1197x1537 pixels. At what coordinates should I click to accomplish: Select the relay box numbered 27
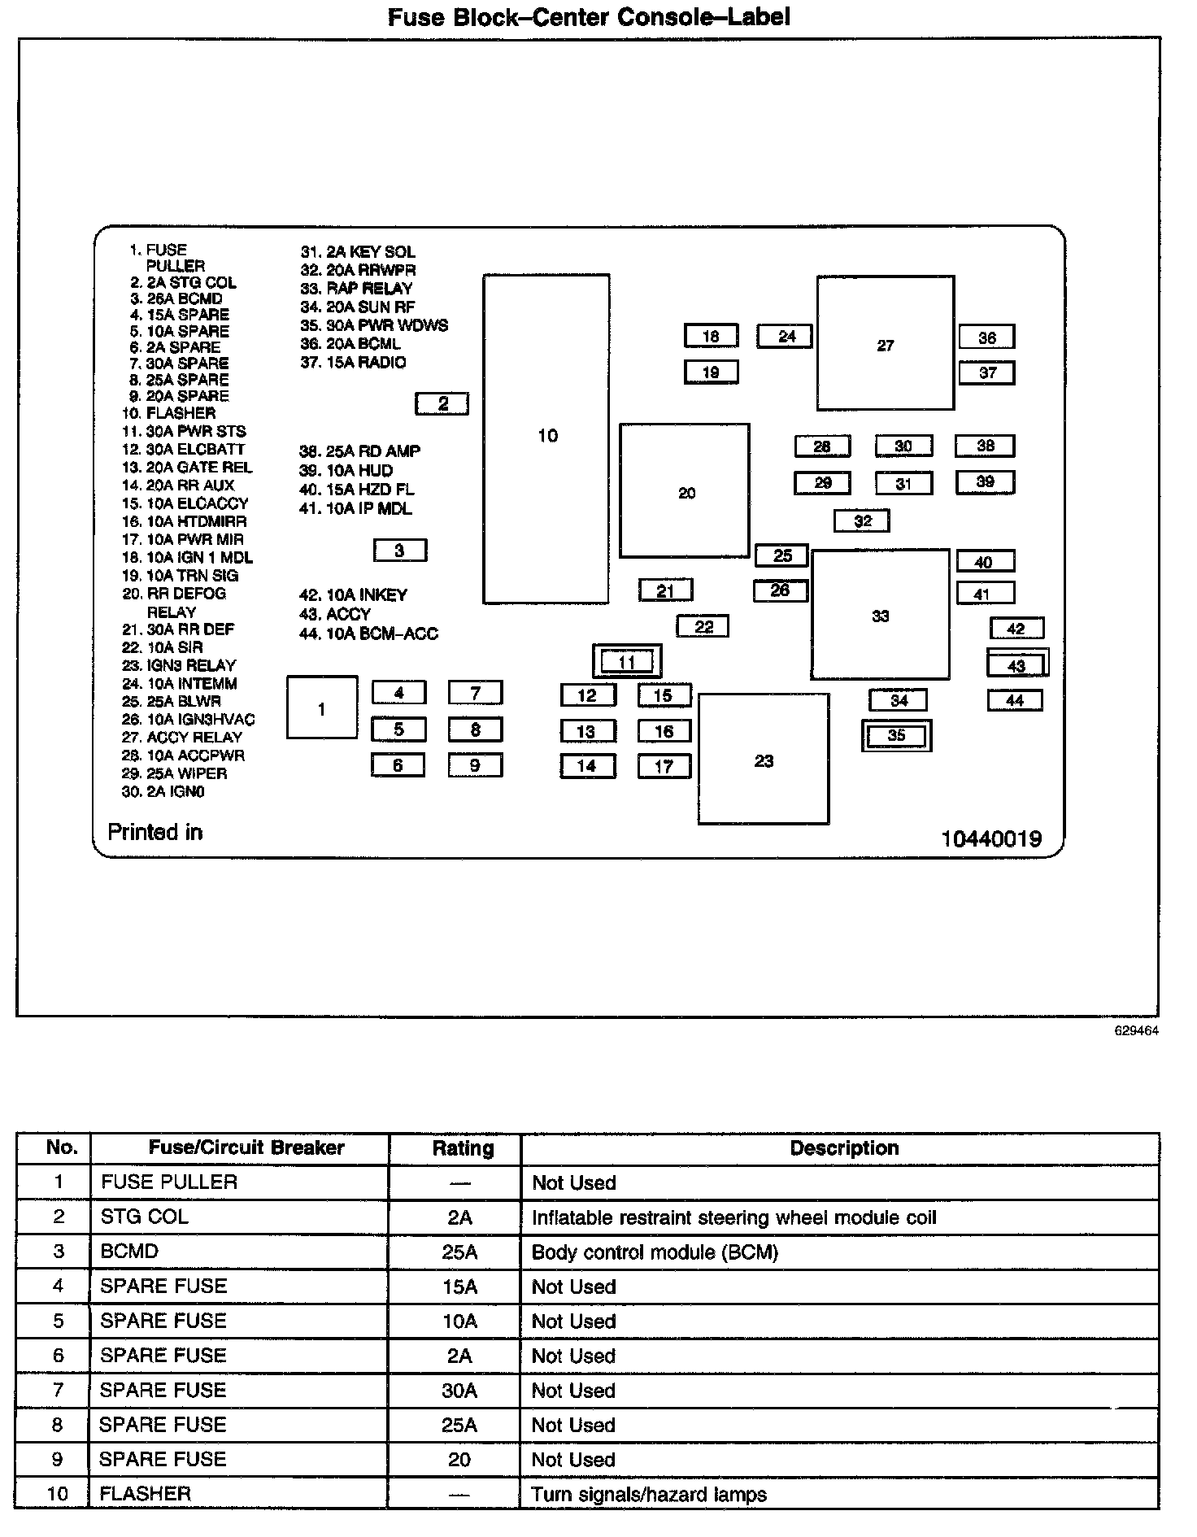click(x=885, y=344)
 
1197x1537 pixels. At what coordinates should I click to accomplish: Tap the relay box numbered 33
click(x=880, y=615)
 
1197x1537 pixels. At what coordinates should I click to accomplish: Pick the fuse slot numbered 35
click(x=896, y=735)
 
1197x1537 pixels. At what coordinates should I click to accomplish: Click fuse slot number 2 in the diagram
click(x=442, y=403)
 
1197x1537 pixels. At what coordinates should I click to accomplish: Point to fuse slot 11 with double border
click(x=627, y=661)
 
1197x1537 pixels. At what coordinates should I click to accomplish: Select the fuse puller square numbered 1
click(x=322, y=708)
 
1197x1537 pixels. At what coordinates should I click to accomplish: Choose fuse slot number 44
click(x=1015, y=699)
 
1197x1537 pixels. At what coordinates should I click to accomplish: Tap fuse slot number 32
click(x=862, y=520)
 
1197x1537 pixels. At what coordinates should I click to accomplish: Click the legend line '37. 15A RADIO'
click(x=353, y=363)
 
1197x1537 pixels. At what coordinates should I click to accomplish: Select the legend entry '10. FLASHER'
click(x=169, y=413)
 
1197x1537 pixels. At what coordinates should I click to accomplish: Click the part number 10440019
click(x=991, y=838)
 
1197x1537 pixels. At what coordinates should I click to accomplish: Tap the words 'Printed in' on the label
click(x=155, y=832)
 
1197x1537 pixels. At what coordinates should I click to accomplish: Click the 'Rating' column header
click(x=463, y=1148)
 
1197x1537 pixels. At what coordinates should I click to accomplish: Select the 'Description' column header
click(x=844, y=1148)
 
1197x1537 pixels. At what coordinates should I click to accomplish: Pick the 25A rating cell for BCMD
click(x=459, y=1252)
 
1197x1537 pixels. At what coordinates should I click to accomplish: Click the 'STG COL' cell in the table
click(x=145, y=1217)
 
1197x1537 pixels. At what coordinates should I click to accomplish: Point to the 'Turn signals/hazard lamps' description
click(x=649, y=1494)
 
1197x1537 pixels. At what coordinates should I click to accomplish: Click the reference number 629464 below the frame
click(x=1137, y=1030)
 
